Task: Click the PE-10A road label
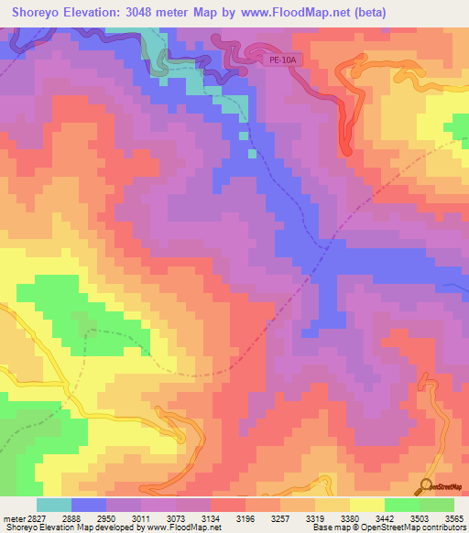(x=282, y=60)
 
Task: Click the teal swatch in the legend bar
(x=54, y=505)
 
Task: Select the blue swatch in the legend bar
(x=89, y=505)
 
